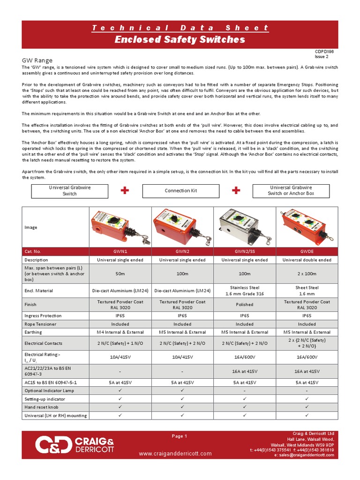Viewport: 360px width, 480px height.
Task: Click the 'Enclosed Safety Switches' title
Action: click(x=180, y=40)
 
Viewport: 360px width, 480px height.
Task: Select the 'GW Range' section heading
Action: click(x=37, y=60)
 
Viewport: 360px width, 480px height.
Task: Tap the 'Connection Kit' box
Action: click(x=180, y=191)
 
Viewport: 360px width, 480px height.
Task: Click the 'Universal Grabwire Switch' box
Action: click(x=70, y=191)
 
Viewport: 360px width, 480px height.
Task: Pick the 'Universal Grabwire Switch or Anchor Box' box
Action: click(x=291, y=190)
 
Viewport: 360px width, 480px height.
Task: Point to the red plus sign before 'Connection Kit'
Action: click(x=124, y=190)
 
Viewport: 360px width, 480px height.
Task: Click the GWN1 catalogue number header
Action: click(x=120, y=251)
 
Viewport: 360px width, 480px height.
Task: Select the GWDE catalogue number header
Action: click(x=307, y=251)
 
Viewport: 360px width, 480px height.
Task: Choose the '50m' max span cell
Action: click(x=120, y=273)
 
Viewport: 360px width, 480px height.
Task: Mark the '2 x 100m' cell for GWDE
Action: click(x=307, y=273)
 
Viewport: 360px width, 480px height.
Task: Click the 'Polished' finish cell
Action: click(x=244, y=304)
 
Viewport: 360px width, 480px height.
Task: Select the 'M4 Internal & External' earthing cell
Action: click(x=120, y=332)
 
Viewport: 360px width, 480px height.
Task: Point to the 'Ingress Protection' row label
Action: click(x=43, y=316)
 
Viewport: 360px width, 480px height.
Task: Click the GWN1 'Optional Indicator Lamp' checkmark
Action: click(x=120, y=390)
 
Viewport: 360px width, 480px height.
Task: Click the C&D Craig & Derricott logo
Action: click(x=75, y=445)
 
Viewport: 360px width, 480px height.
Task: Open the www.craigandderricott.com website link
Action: click(x=175, y=453)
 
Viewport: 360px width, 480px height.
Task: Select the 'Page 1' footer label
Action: click(x=180, y=436)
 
